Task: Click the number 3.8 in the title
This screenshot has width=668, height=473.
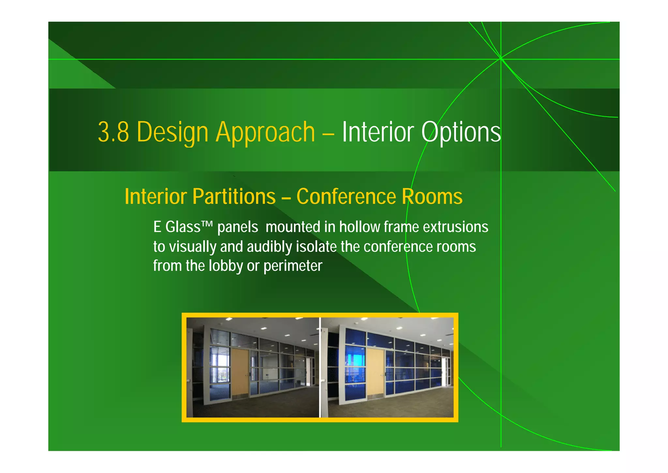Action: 113,132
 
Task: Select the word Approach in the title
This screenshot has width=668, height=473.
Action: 266,132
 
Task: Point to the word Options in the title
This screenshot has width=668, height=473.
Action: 461,132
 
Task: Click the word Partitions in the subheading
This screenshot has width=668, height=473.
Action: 234,197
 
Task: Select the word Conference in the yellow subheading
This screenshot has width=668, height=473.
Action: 346,197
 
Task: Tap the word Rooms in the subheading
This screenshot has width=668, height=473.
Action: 432,197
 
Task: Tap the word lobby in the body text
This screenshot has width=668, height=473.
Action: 226,266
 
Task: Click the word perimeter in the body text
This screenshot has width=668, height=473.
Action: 293,266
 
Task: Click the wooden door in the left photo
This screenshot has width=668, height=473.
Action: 240,372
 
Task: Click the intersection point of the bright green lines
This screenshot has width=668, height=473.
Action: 501,59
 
